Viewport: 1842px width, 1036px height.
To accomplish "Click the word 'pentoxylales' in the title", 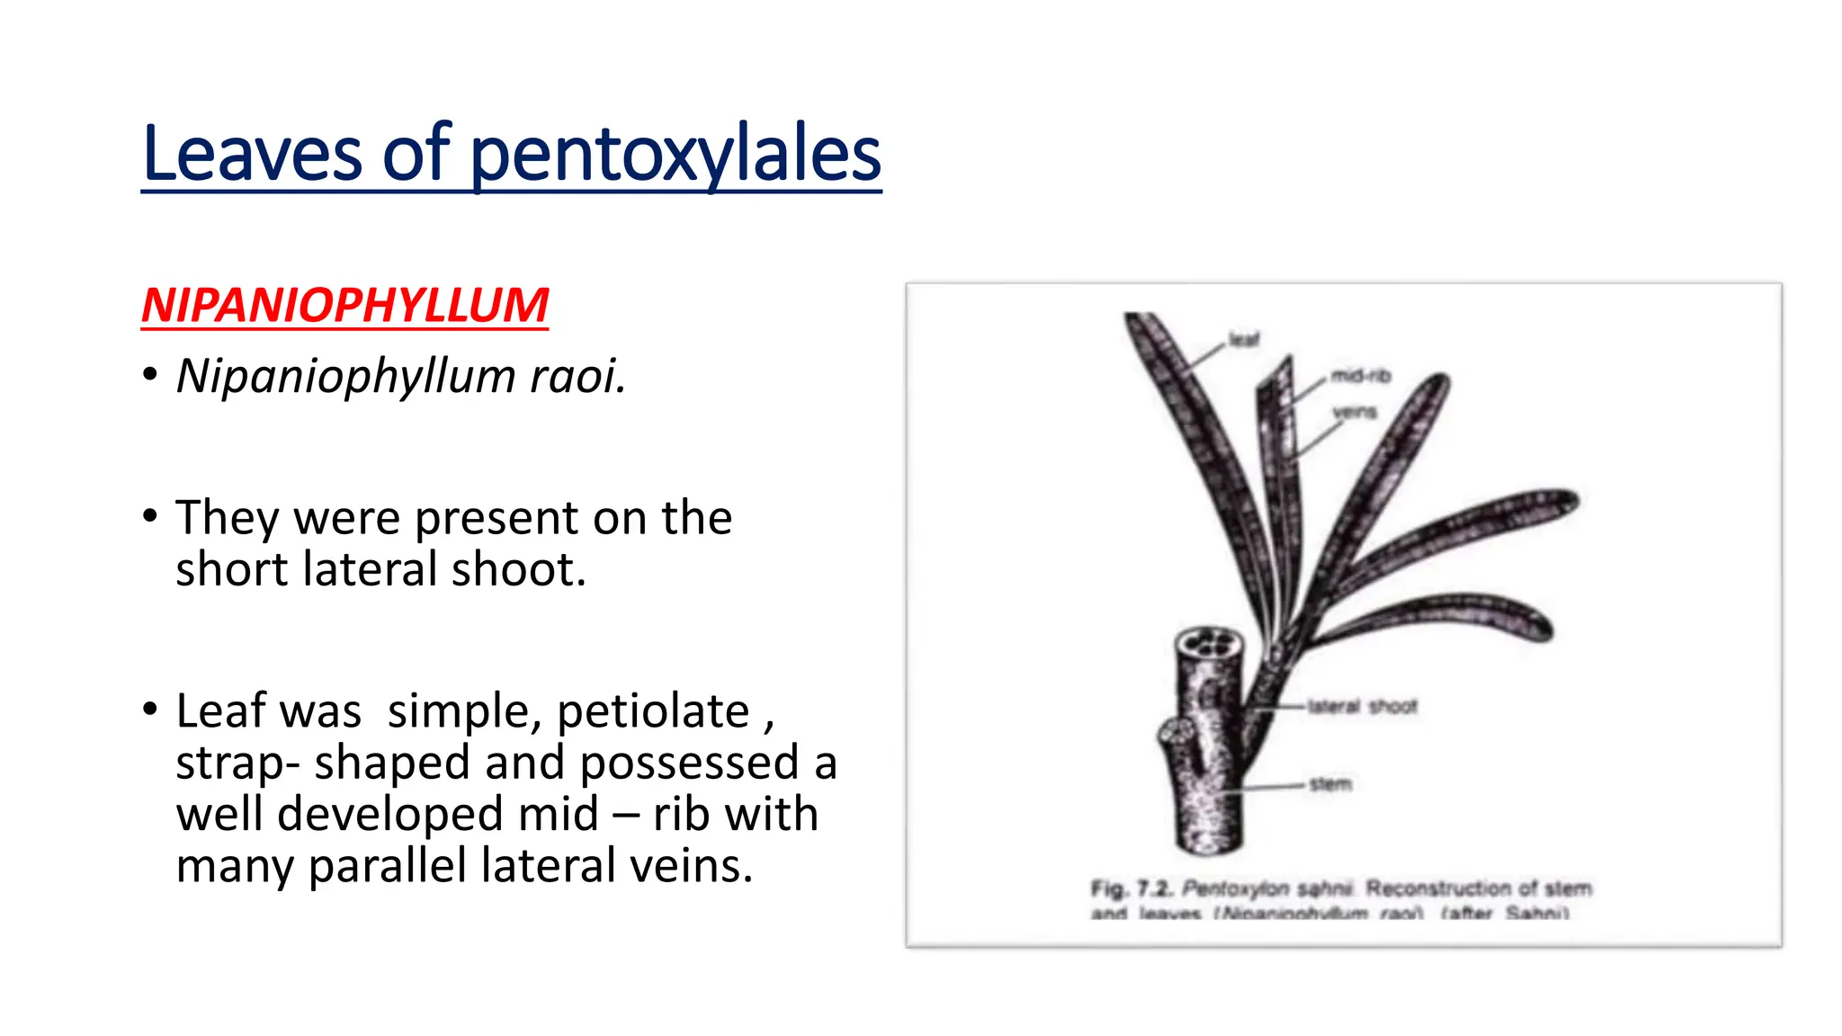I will (x=675, y=155).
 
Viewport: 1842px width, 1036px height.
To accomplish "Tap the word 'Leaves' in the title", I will (x=252, y=155).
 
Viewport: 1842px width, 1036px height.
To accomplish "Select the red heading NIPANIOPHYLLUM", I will (x=344, y=306).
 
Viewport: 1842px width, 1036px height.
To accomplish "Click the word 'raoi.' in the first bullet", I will (x=577, y=376).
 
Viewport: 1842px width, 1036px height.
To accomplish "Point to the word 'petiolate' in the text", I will (x=653, y=711).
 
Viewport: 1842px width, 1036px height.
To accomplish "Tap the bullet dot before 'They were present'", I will (x=150, y=516).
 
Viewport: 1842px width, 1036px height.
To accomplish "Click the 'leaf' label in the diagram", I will (x=1244, y=339).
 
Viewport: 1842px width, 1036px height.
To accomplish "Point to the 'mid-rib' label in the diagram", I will (x=1360, y=376).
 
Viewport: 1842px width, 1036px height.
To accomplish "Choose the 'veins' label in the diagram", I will (x=1355, y=412).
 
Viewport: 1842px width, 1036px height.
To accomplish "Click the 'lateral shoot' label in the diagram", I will (x=1363, y=707).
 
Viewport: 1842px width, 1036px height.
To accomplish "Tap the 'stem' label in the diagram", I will (x=1330, y=784).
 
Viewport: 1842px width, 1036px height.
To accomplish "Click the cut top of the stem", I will (x=1209, y=645).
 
